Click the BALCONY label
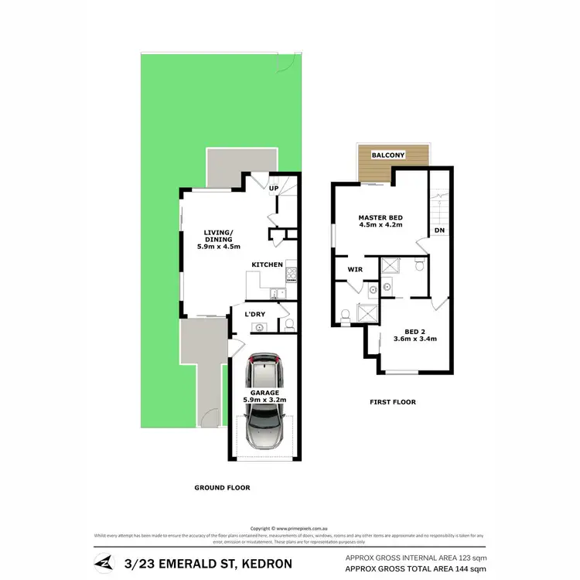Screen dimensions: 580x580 pos(388,155)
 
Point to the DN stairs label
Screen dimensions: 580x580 pos(439,230)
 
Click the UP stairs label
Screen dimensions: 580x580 pos(274,187)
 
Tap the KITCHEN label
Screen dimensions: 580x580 pos(266,265)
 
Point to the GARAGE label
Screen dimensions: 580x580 pos(264,391)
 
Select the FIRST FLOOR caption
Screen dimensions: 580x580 pos(392,402)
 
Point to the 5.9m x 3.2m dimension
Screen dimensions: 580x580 pos(264,400)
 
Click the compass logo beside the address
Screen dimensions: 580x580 pos(103,561)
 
